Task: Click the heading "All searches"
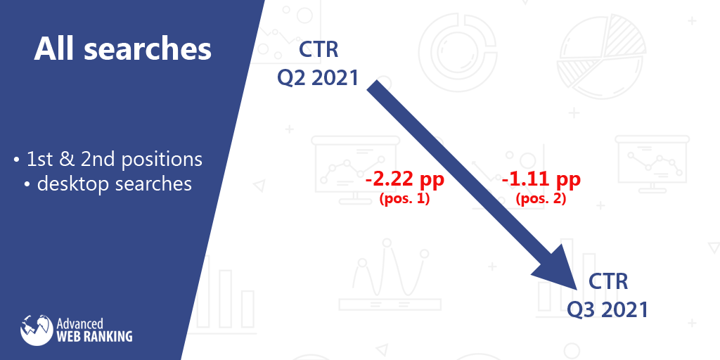tap(123, 49)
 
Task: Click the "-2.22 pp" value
tap(405, 180)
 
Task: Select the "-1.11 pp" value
tap(541, 180)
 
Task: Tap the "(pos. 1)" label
tap(405, 198)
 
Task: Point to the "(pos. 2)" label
tap(541, 198)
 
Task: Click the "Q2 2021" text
tap(318, 77)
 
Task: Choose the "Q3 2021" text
tap(607, 309)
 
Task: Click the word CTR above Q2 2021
tap(319, 51)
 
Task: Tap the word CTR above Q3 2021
tap(608, 282)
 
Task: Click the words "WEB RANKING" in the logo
tap(94, 336)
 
